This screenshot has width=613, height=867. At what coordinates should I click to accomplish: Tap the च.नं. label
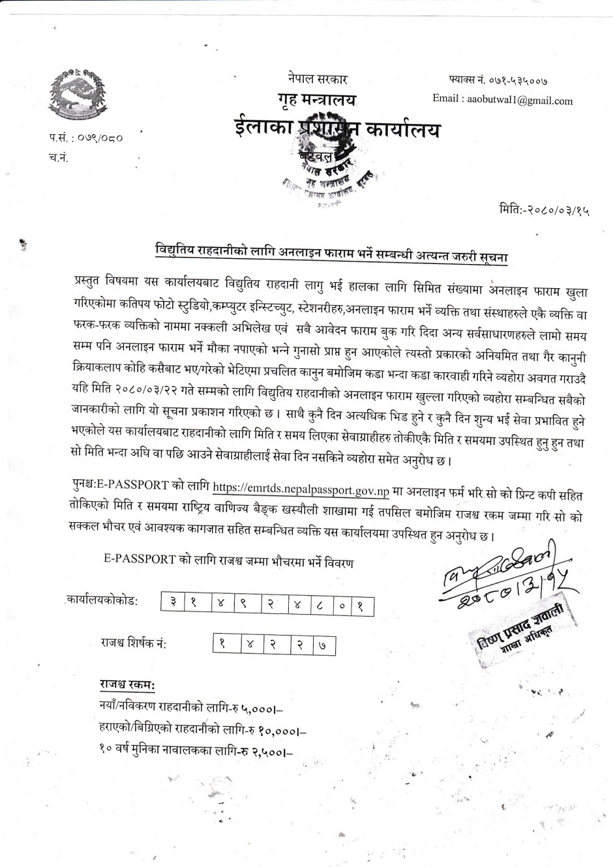click(58, 156)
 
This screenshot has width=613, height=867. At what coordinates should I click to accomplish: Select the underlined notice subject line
click(331, 250)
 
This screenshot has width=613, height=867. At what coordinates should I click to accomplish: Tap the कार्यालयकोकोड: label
click(102, 600)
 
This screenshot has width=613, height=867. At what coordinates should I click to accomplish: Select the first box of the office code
click(173, 604)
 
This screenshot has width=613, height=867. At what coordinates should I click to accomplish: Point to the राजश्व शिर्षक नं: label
click(133, 643)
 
